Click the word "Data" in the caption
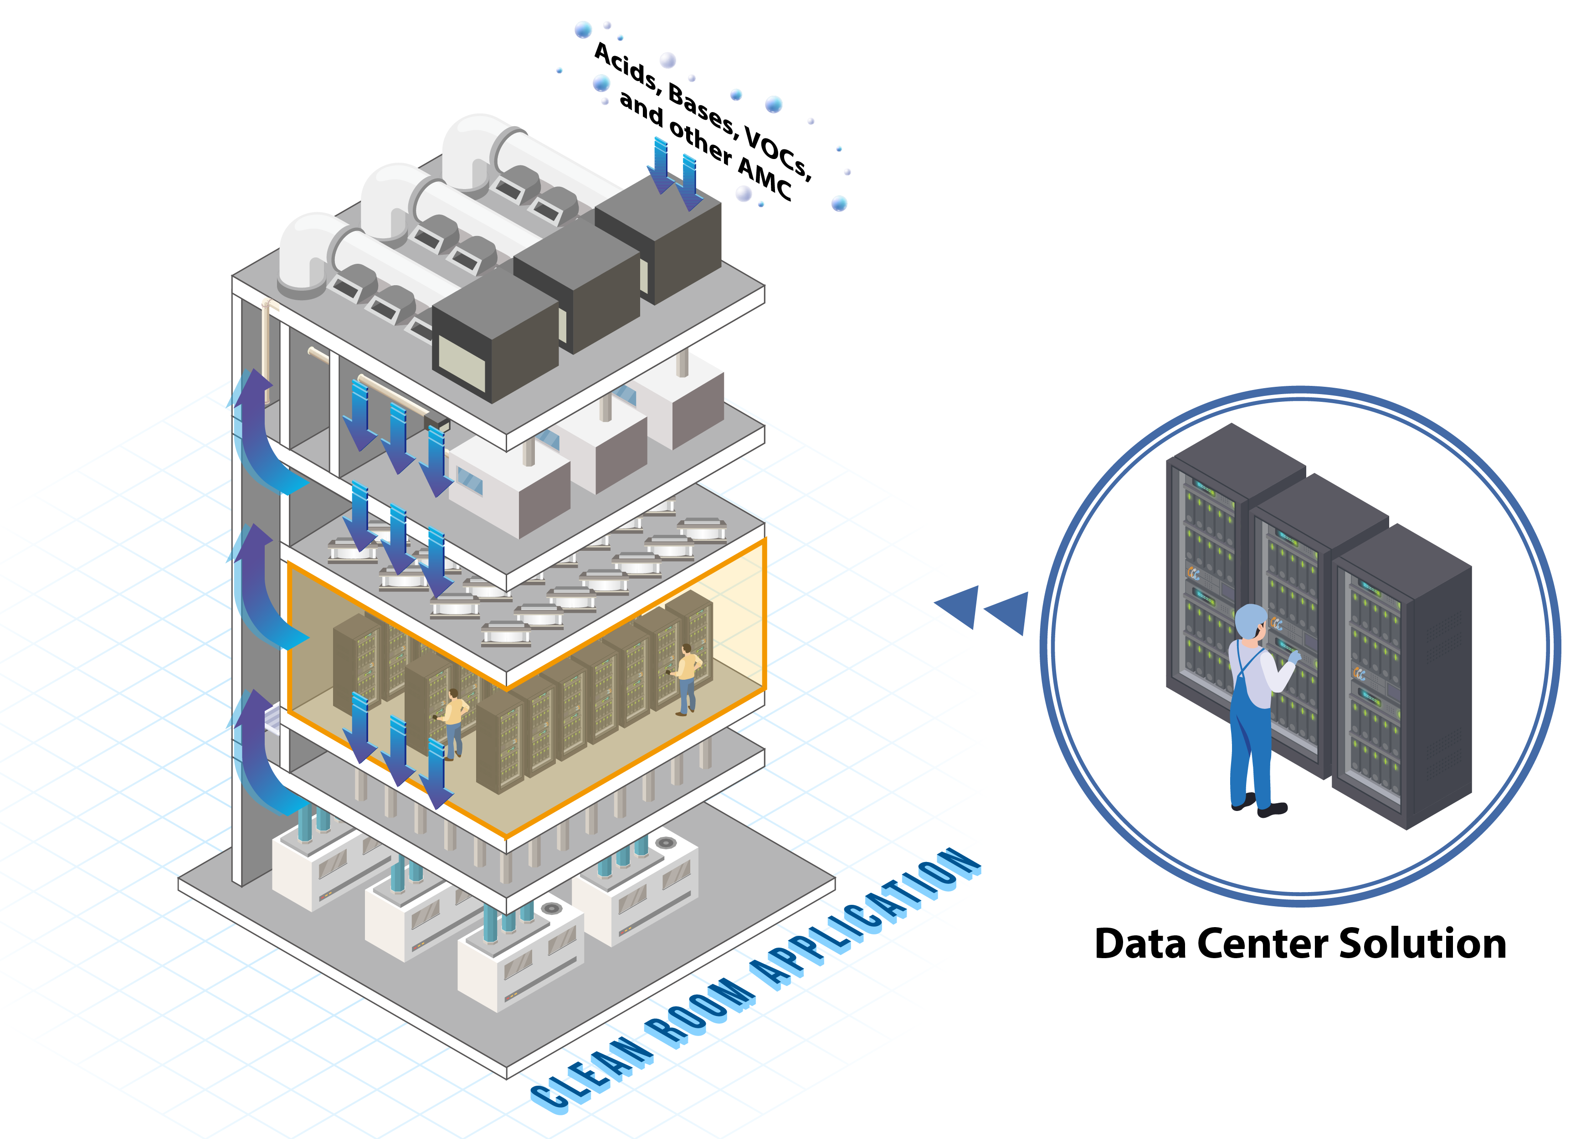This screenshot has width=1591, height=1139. point(1140,944)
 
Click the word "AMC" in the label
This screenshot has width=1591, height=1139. point(765,180)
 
